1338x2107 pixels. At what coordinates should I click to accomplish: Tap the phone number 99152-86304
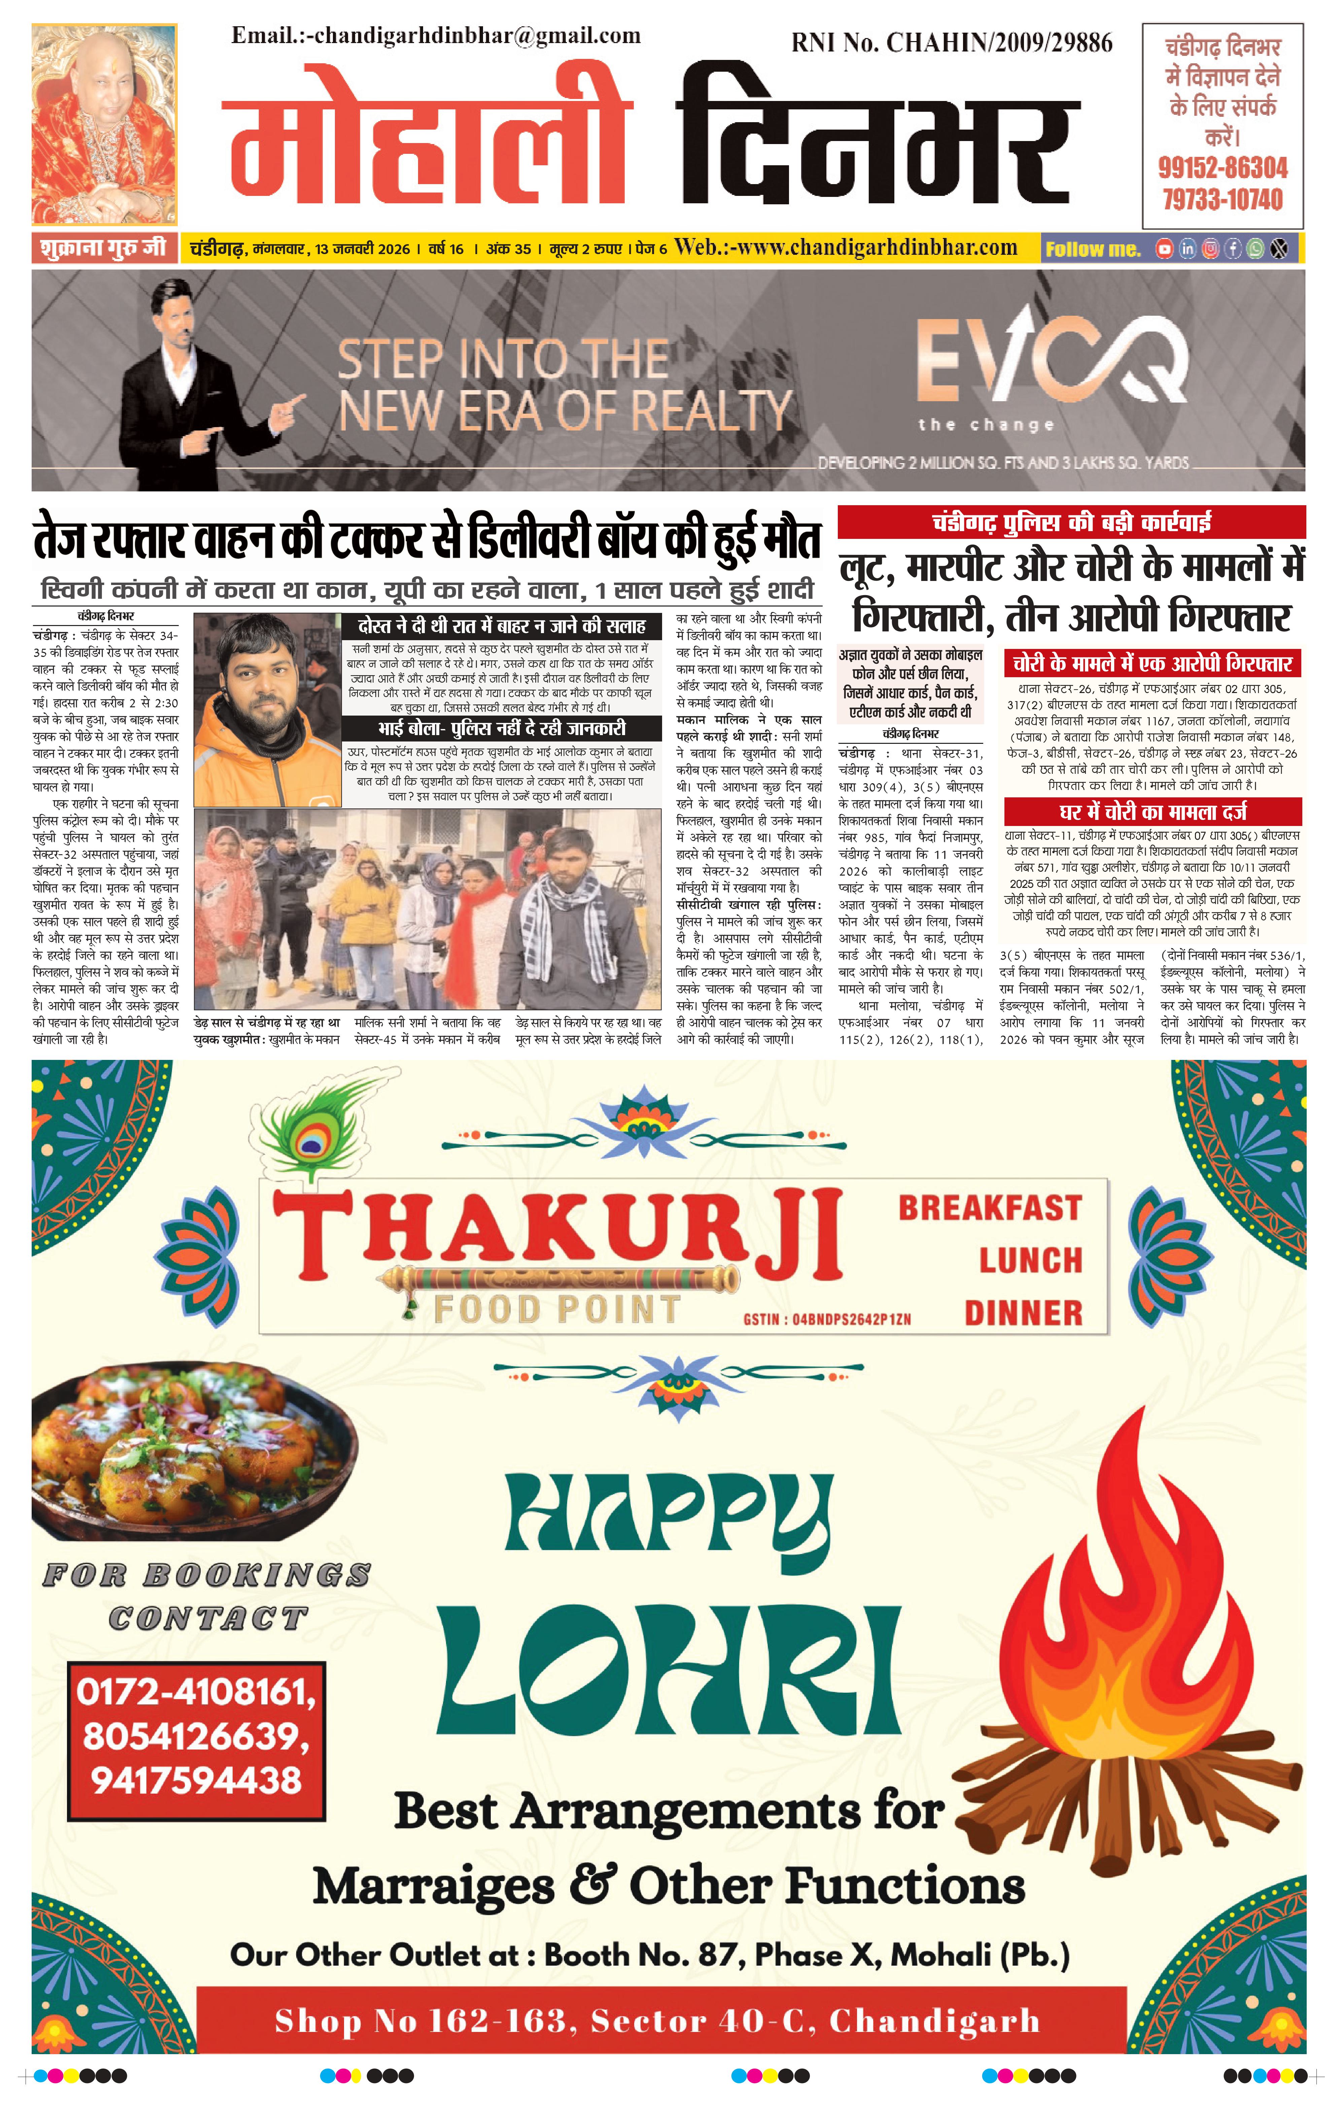(x=1223, y=167)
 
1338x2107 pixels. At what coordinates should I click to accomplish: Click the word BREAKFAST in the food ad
(x=990, y=1208)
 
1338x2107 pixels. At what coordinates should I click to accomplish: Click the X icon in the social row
(x=1279, y=249)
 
